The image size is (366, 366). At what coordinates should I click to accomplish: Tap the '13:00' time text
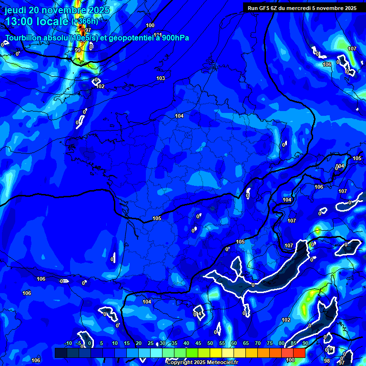[19, 21]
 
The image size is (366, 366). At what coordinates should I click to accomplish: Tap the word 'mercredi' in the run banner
[305, 8]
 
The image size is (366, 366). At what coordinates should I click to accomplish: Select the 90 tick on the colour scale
[305, 344]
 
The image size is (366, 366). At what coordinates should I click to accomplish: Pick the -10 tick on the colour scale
[68, 344]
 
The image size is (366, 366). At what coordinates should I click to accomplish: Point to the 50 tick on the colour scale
[210, 344]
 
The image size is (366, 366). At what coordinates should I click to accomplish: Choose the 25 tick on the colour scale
[151, 344]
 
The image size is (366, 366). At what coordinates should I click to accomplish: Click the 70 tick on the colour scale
[258, 344]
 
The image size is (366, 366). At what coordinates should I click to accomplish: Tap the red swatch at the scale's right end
[299, 353]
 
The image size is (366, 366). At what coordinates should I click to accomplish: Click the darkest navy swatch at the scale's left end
[61, 353]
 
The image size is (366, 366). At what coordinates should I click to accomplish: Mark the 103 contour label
[161, 78]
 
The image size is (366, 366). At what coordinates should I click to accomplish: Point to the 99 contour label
[78, 50]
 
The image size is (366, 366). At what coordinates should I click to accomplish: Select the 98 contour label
[327, 361]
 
